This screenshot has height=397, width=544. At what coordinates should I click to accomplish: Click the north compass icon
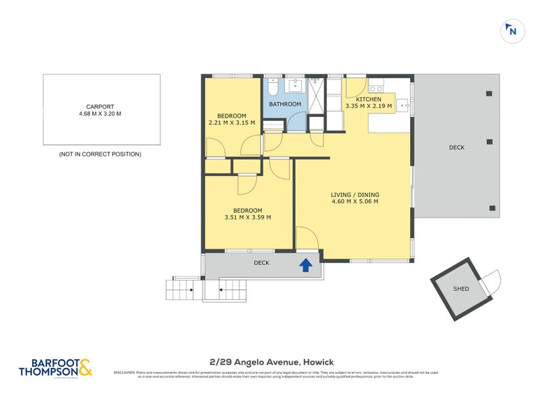511,31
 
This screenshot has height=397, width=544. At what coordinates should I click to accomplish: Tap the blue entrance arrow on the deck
307,265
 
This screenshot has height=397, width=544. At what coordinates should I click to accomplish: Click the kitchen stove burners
376,89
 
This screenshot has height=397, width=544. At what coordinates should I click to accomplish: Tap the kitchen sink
403,105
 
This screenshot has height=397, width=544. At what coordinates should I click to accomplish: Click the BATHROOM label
285,104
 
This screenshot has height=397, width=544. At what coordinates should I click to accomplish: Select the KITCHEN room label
368,99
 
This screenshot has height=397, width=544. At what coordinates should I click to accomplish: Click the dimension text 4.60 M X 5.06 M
354,201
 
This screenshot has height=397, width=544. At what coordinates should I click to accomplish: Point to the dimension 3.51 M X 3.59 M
248,218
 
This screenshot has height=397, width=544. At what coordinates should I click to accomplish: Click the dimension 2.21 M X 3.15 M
231,123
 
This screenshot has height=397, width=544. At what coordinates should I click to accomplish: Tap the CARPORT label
100,107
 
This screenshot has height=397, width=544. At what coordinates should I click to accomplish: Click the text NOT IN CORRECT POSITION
100,154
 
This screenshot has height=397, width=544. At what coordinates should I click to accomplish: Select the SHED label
461,289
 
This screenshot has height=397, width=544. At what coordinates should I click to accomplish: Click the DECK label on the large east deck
457,148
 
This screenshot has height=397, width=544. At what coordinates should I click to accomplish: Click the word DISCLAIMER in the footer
125,373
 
